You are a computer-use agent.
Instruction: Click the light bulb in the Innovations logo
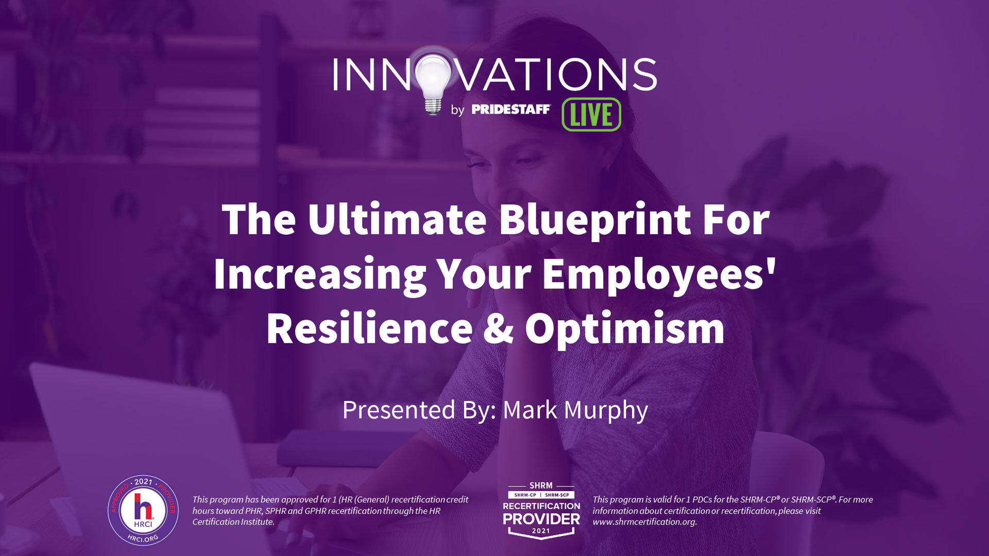tap(433, 82)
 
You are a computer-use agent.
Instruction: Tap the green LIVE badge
tap(591, 114)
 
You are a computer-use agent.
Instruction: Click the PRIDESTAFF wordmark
tap(510, 109)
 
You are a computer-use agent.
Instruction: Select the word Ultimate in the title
tap(397, 219)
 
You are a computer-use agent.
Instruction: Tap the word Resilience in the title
tap(369, 329)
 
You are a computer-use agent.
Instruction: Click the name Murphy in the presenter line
tap(606, 411)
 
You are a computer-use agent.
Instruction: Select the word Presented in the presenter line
tap(399, 410)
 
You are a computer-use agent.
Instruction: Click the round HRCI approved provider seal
tap(143, 510)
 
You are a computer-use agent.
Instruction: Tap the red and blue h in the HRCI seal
tap(143, 507)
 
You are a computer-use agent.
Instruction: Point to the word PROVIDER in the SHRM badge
tap(541, 519)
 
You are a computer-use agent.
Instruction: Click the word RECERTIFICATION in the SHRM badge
tap(541, 506)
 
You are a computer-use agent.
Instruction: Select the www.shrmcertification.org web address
tap(644, 522)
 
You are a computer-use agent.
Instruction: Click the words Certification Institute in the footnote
tap(233, 522)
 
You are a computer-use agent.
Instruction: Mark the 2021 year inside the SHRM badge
tap(541, 531)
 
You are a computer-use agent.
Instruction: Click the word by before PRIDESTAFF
tap(457, 110)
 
